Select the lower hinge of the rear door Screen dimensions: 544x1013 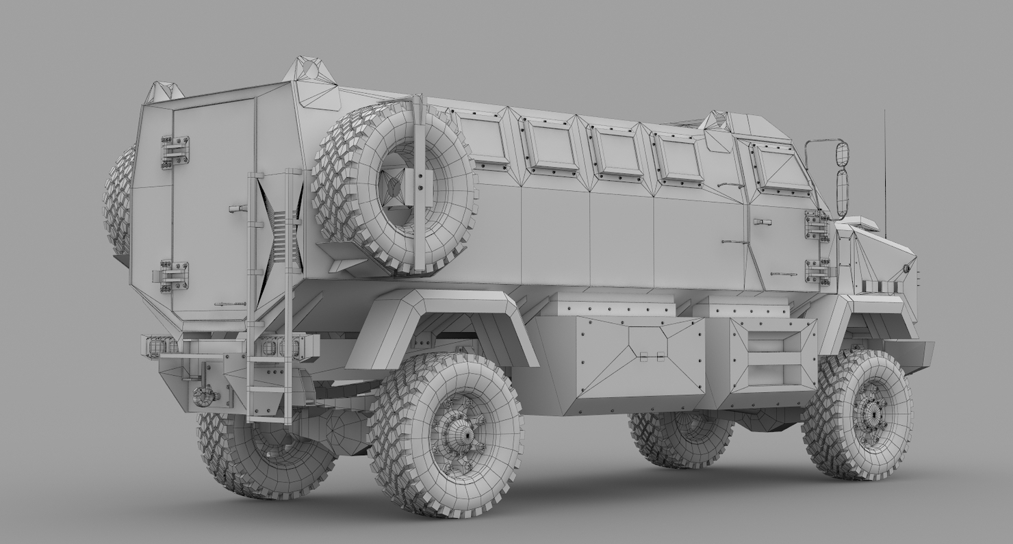pos(174,276)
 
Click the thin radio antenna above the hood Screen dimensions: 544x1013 pos(884,171)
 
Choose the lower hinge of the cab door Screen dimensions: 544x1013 pos(817,272)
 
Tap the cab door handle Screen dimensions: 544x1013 pos(762,222)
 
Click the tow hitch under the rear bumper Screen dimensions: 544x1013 pos(203,396)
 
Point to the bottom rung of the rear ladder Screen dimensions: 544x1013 pos(268,415)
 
